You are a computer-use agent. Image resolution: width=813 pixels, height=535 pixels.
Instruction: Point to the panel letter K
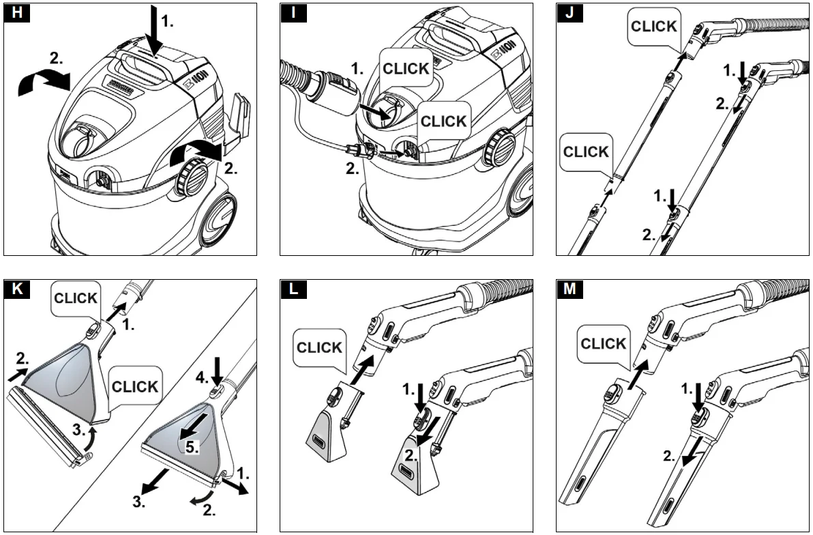(x=17, y=289)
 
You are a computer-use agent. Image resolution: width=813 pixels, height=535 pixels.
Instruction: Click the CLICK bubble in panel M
(x=604, y=343)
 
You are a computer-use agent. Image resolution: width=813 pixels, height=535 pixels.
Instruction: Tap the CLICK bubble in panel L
(x=319, y=347)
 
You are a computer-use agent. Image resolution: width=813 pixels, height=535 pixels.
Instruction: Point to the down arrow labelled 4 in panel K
(x=217, y=373)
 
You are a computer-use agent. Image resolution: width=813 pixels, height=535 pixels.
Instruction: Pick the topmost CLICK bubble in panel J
(x=653, y=27)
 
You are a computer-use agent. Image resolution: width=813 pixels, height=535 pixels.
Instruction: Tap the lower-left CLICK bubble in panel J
(x=586, y=151)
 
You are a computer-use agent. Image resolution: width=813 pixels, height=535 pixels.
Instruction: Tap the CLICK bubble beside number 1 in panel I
(x=406, y=68)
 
